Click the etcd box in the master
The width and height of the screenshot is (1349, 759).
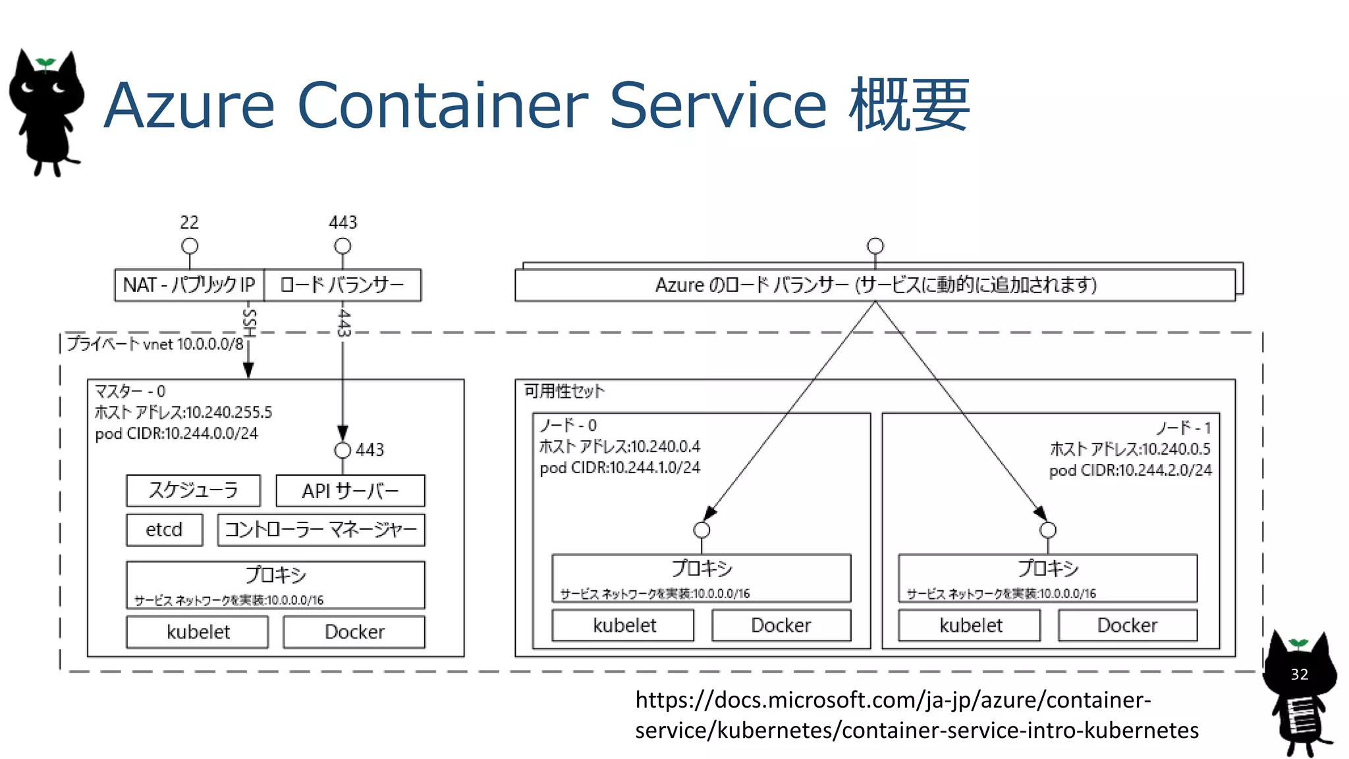(164, 530)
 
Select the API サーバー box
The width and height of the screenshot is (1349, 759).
(350, 491)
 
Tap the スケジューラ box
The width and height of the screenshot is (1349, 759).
(193, 490)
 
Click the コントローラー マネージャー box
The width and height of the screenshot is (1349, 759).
(321, 530)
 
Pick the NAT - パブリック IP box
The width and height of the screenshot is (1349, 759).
(189, 285)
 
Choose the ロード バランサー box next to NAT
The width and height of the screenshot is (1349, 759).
(342, 285)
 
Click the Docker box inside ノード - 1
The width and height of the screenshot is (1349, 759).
(1127, 625)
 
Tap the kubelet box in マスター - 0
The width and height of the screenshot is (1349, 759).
(198, 632)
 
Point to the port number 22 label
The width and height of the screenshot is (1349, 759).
(189, 223)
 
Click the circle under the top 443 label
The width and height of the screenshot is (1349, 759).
(343, 246)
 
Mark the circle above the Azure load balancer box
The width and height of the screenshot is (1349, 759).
(875, 246)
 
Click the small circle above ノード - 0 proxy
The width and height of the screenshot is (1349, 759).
(702, 530)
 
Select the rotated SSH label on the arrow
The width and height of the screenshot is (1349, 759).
(249, 323)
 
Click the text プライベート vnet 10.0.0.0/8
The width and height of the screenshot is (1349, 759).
(155, 344)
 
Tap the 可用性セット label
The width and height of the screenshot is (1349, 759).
(564, 391)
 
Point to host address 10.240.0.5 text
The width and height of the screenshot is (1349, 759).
(1130, 449)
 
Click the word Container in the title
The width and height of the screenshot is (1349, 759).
(442, 105)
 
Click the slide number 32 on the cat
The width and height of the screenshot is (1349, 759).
(1299, 675)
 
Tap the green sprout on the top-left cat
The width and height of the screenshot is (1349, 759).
(45, 63)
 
